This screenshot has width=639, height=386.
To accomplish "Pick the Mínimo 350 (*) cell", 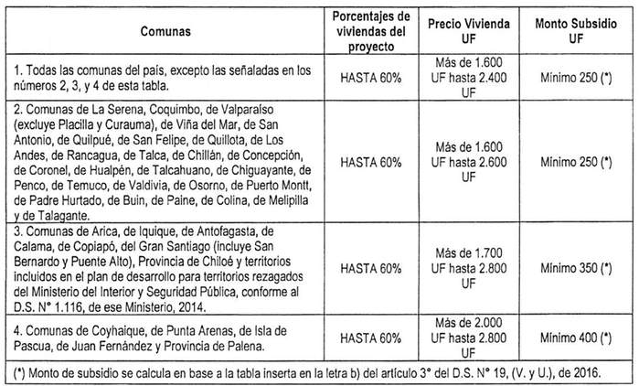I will pyautogui.click(x=576, y=268).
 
